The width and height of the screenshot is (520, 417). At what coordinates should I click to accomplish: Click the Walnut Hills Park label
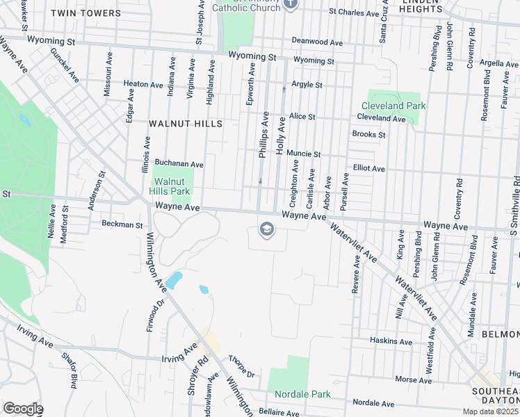pos(171,186)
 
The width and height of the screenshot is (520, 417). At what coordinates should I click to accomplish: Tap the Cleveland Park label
pos(397,106)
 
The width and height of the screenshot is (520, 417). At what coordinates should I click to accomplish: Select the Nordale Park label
pos(302,394)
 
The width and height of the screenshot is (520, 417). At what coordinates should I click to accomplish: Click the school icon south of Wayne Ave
pos(266,229)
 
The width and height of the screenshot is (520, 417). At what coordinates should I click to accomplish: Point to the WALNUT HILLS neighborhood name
pos(186,123)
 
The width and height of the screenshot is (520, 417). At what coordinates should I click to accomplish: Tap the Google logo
pos(22,409)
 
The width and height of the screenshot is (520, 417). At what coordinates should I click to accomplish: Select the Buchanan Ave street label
pos(179,164)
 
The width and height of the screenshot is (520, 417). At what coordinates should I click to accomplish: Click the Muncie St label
pos(303,154)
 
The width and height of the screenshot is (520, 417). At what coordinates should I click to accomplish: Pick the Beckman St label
pos(122,224)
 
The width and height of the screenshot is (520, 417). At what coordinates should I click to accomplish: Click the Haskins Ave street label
pos(391,341)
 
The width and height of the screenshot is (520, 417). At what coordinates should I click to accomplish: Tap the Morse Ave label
pos(413,379)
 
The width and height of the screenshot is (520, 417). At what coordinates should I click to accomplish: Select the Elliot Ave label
pos(368,168)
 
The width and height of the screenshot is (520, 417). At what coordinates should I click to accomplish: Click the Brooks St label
pos(368,134)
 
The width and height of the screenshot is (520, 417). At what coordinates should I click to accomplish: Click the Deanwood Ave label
pos(318,42)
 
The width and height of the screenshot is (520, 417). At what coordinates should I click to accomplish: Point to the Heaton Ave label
pos(143,84)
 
